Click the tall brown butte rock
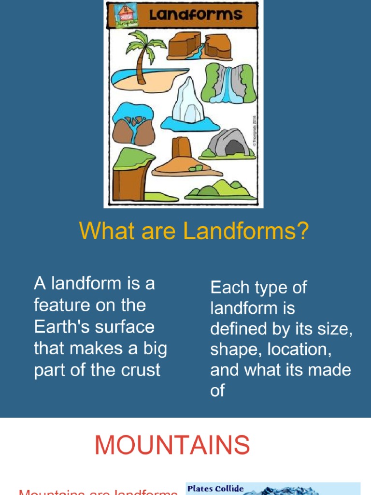click(182, 152)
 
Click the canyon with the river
click(199, 46)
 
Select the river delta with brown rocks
click(133, 125)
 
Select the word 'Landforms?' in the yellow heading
click(246, 231)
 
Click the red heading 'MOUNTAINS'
click(172, 445)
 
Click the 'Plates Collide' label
click(215, 488)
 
